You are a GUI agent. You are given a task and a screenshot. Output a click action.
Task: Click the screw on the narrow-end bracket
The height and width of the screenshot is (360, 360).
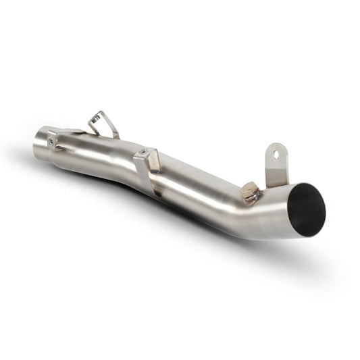click(52, 140)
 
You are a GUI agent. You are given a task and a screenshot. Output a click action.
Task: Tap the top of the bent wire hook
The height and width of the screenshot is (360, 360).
click(99, 114)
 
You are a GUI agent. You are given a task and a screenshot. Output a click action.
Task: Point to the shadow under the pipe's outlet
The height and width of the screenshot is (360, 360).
click(297, 253)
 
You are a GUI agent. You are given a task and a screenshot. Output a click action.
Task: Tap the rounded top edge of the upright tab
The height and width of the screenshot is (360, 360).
click(276, 144)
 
